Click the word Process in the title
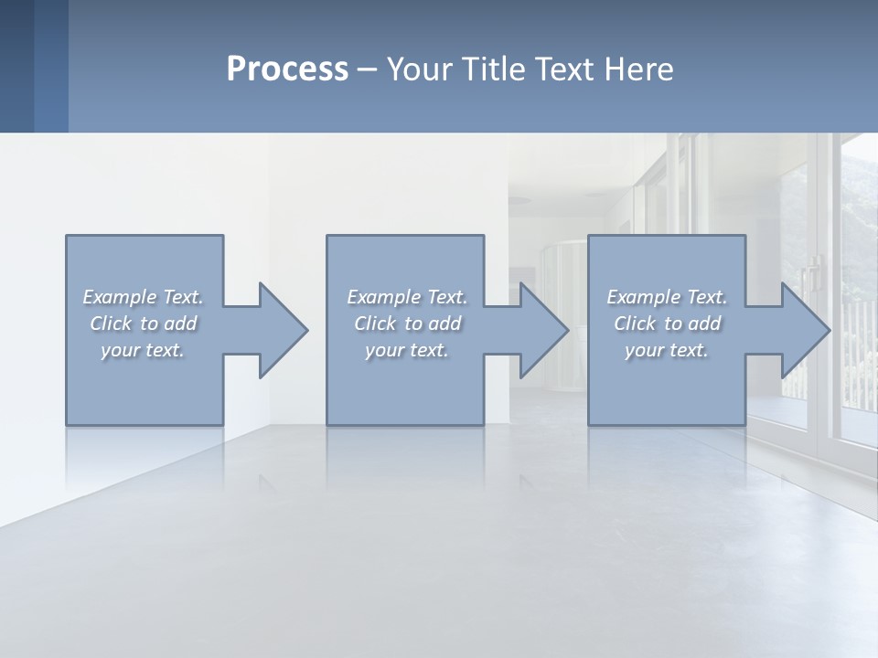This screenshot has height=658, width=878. pos(287,69)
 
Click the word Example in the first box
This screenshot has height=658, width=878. pos(120,297)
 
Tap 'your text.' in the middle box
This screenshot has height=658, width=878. pos(407,350)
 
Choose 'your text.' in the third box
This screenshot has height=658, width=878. pos(667,350)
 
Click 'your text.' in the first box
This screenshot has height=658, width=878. pos(143,350)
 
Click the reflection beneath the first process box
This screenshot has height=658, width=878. pos(145,457)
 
